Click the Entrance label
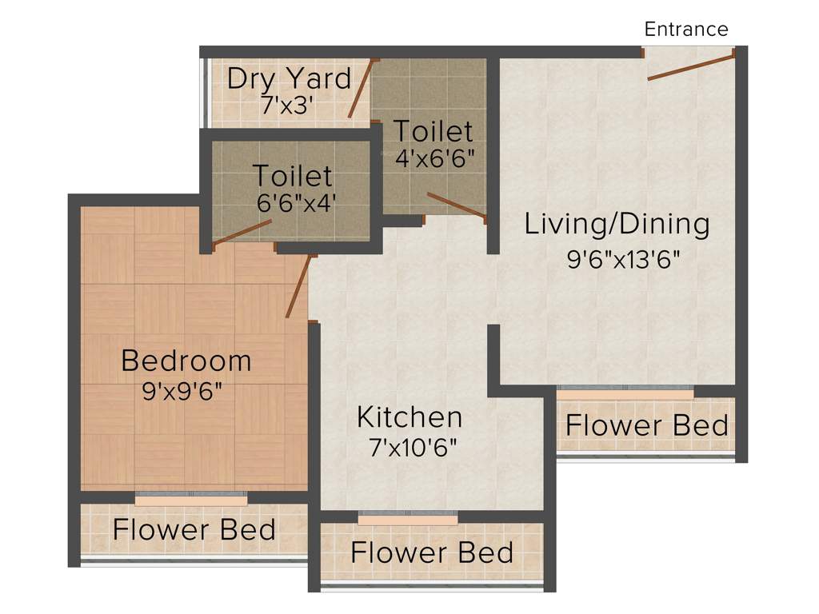click(x=686, y=30)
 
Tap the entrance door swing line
click(x=691, y=67)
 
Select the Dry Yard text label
click(x=289, y=78)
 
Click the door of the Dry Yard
click(x=361, y=89)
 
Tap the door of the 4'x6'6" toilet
click(x=456, y=205)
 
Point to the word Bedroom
click(x=186, y=361)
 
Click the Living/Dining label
click(x=617, y=224)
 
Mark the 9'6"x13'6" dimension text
click(x=628, y=259)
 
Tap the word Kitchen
click(x=409, y=417)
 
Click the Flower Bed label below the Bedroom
click(x=194, y=529)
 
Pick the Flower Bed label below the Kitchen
click(x=432, y=552)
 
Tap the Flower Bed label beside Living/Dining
click(x=647, y=425)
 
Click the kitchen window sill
click(x=408, y=520)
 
